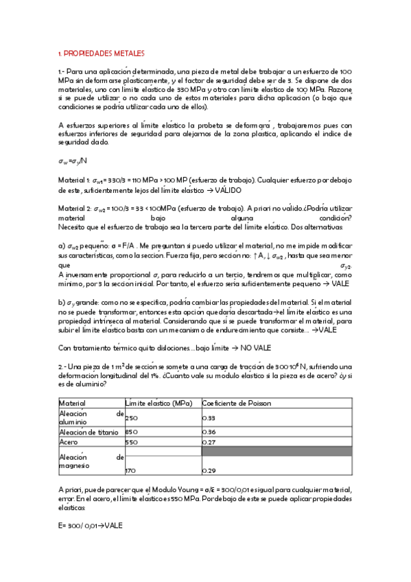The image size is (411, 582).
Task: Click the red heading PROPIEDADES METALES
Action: point(101,53)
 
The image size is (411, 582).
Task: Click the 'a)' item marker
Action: point(62,245)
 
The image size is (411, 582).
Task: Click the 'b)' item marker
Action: point(62,303)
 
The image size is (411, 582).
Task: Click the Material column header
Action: point(72,403)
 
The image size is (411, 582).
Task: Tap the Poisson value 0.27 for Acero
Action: point(209,443)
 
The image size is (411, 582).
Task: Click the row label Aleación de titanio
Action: point(89,432)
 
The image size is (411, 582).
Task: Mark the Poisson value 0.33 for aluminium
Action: point(209,418)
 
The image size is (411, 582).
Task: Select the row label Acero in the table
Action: point(69,443)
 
